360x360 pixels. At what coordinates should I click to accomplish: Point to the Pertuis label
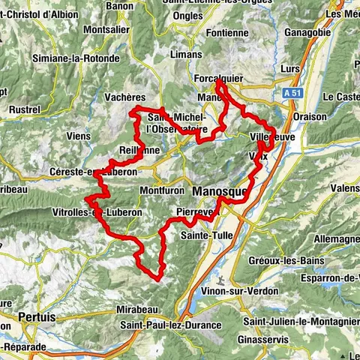(37, 317)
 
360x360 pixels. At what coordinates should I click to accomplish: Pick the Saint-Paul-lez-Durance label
(171, 325)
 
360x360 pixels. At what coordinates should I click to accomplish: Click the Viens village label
(78, 136)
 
